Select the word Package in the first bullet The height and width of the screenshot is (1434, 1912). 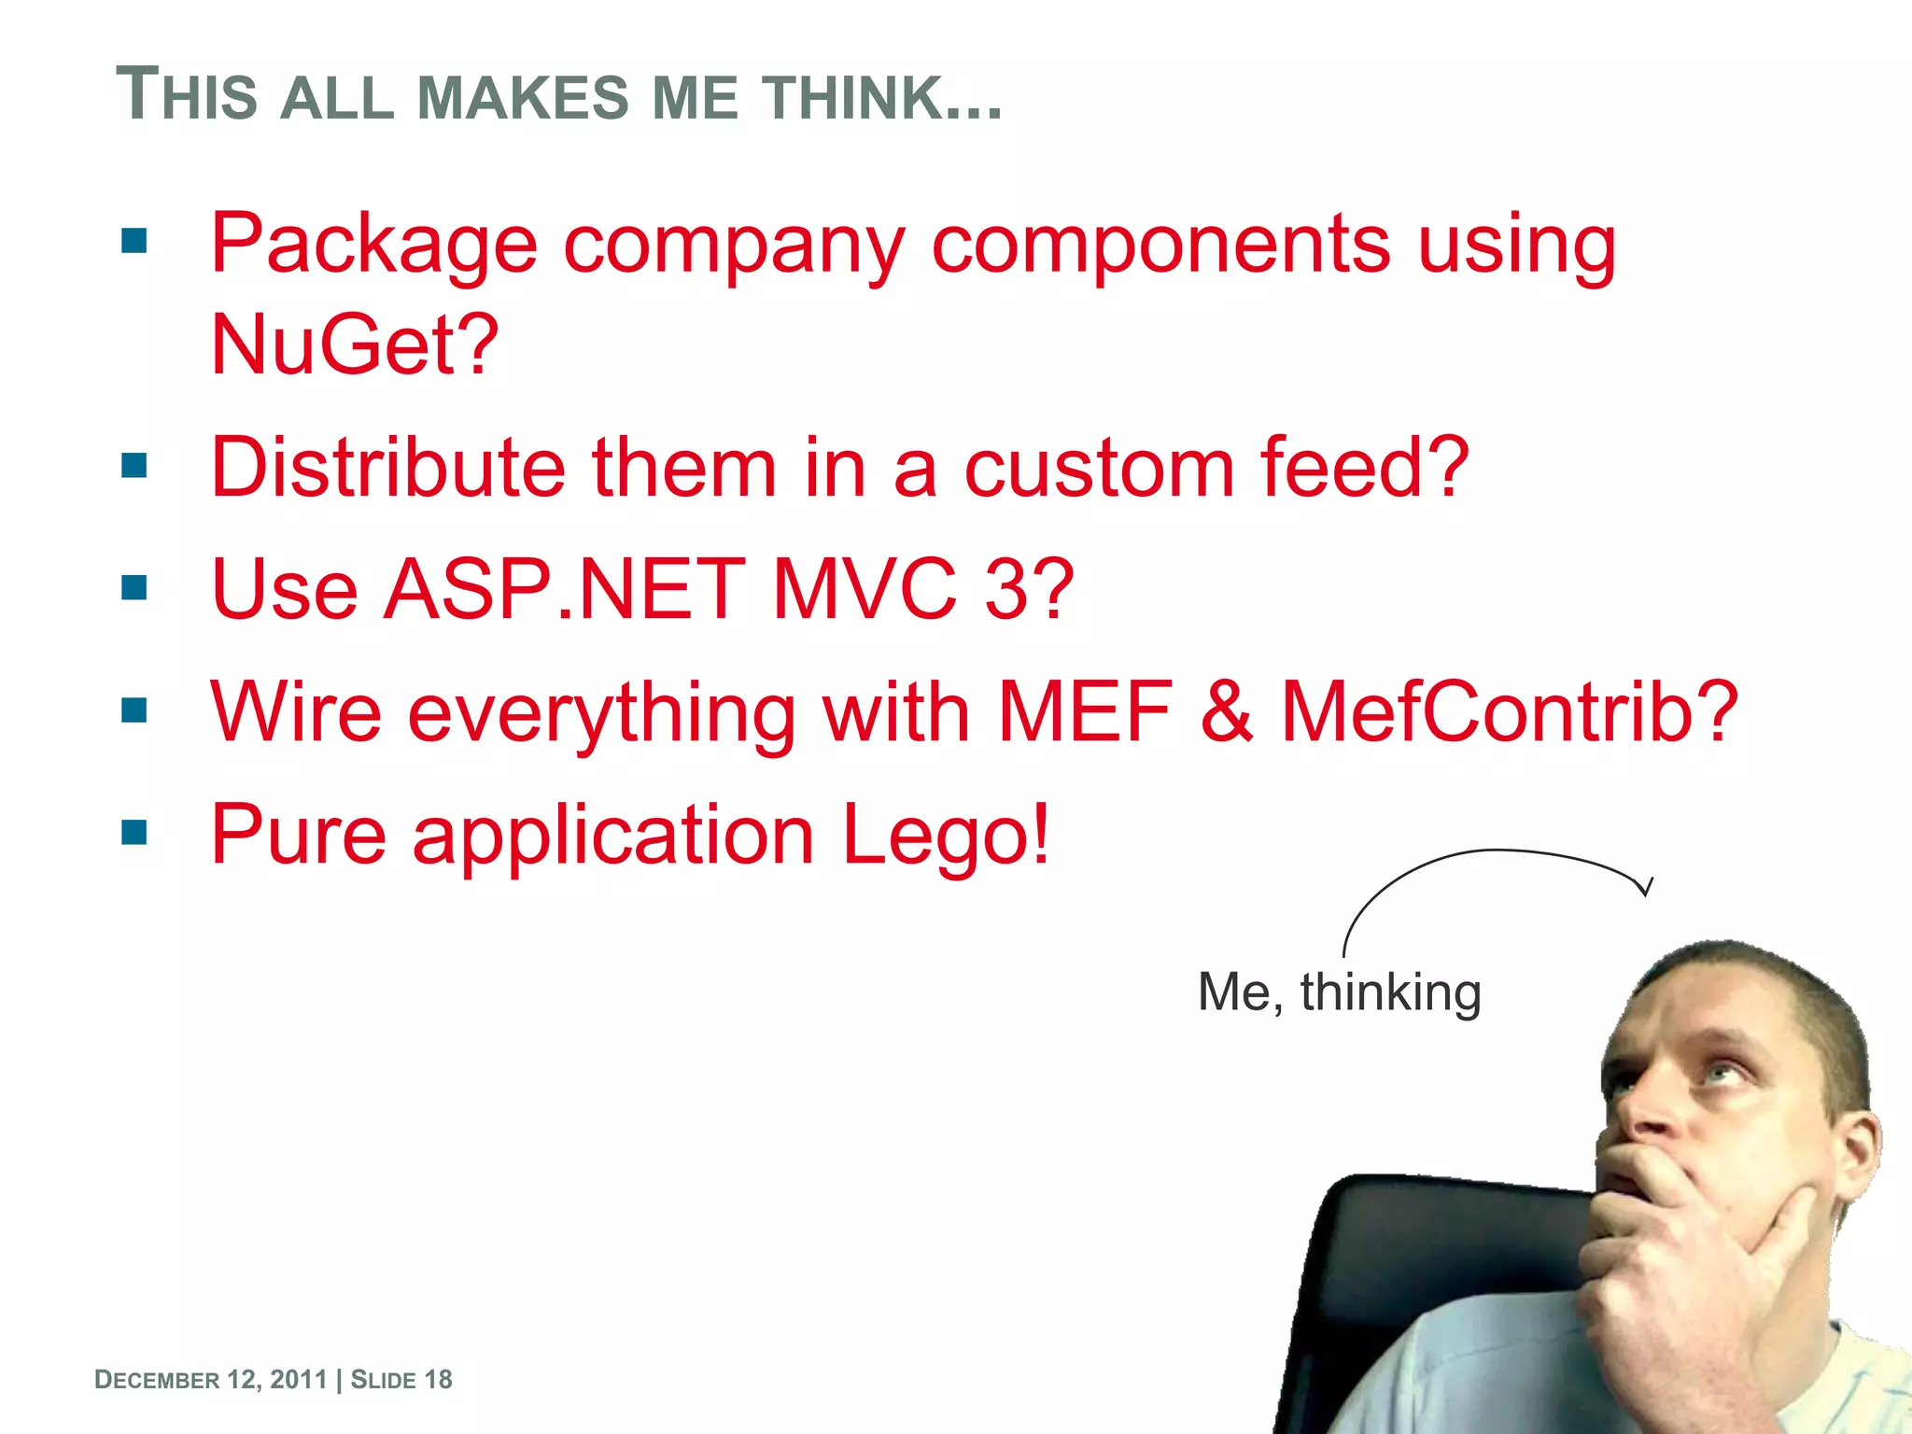(373, 245)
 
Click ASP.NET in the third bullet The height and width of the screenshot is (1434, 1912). (565, 589)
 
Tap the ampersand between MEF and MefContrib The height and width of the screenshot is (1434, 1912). (1226, 711)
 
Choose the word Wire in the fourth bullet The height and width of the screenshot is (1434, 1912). (296, 711)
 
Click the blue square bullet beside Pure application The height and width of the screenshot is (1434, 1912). (134, 831)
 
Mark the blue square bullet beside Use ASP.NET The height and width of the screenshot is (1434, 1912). (134, 587)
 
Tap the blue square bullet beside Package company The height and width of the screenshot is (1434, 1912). (134, 242)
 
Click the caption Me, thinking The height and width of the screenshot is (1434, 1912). (1339, 991)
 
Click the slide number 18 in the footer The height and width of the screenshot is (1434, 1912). (438, 1380)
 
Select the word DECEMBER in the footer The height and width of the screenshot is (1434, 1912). (158, 1380)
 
